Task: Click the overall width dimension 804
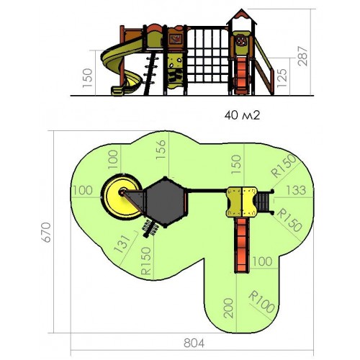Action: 194,343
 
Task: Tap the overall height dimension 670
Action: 46,232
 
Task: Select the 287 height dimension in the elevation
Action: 302,56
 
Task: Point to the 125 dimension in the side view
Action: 282,78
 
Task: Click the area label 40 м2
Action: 242,115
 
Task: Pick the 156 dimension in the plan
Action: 161,149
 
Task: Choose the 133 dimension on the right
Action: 296,190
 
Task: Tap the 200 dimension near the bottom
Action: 228,308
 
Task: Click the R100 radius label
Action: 261,302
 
